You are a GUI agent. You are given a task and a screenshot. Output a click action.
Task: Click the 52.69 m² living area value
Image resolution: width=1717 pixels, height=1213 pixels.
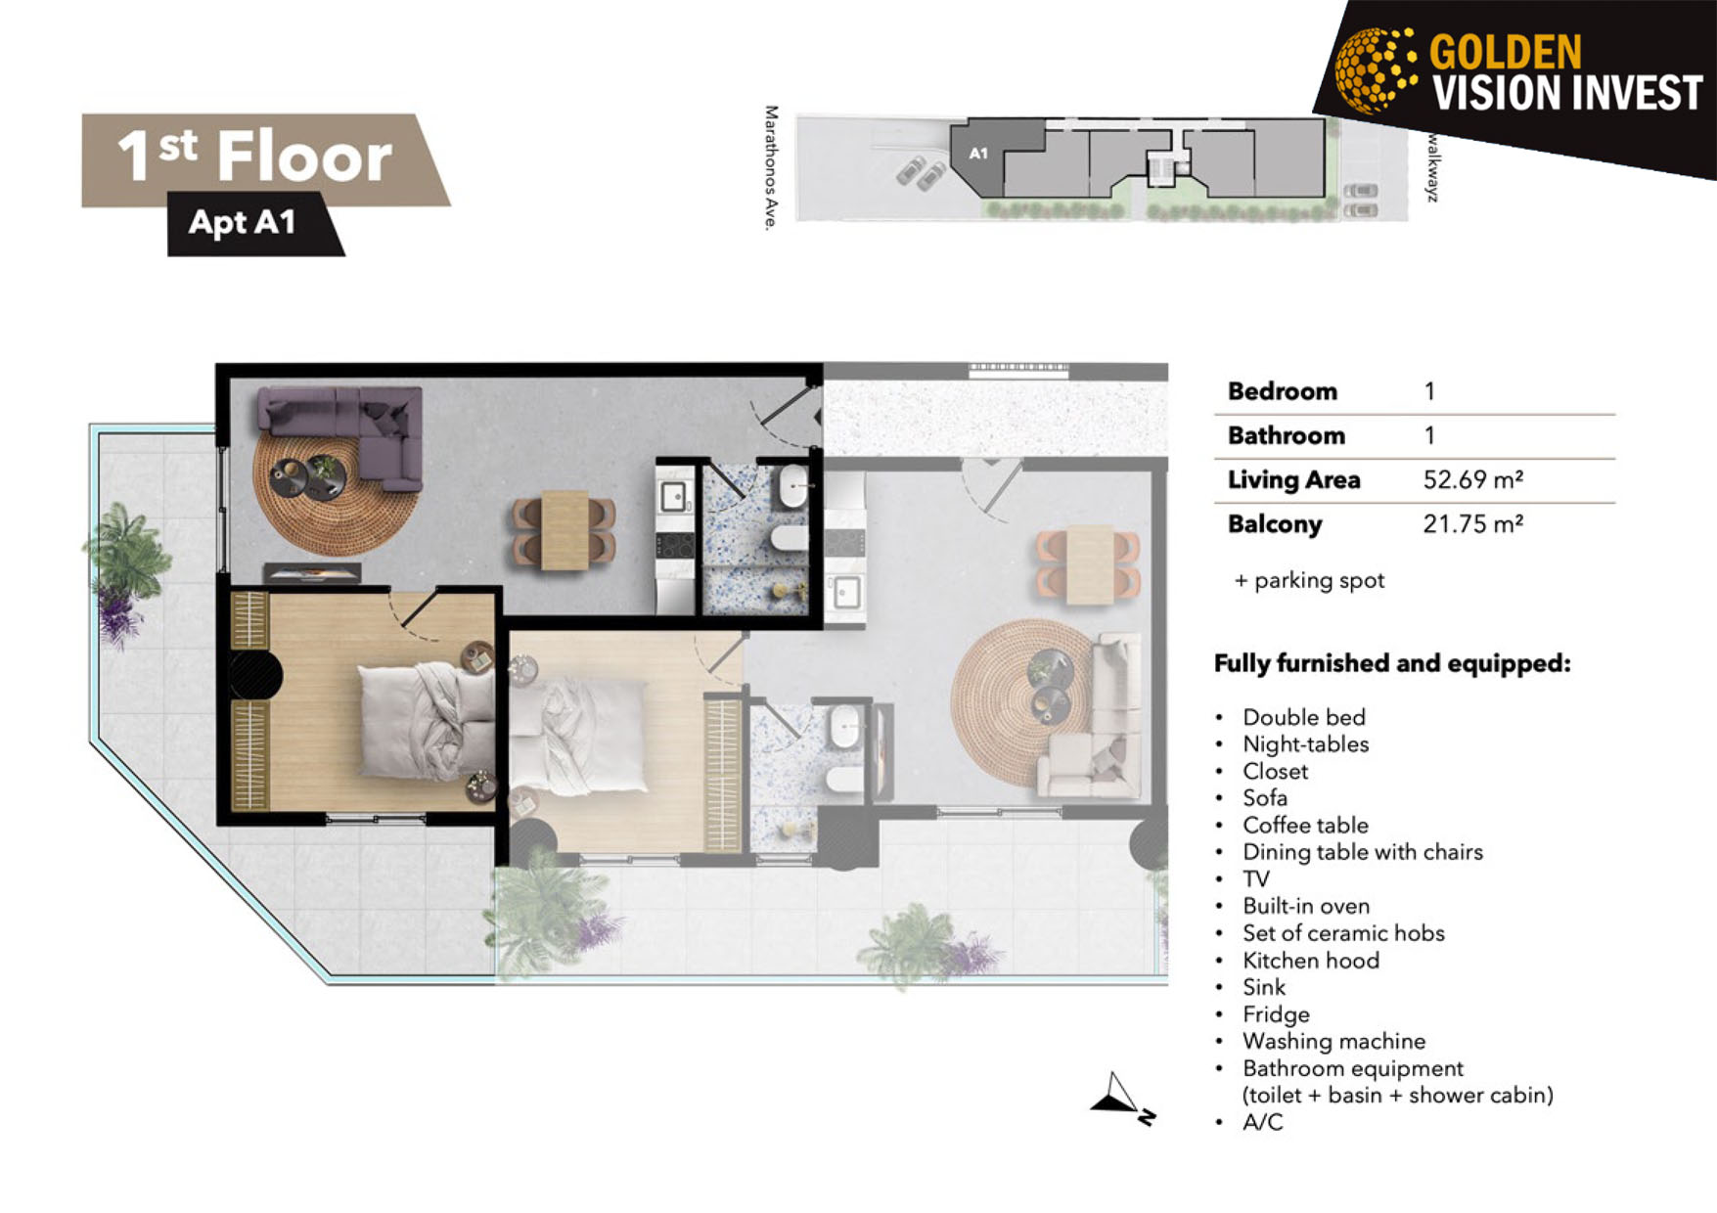(1472, 479)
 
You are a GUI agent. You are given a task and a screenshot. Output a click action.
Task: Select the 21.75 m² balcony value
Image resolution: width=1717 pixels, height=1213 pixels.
(1472, 524)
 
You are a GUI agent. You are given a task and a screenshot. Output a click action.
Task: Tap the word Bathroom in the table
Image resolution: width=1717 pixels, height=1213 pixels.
(1286, 435)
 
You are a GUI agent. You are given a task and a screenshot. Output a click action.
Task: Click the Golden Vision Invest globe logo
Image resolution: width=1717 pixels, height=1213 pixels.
(1376, 69)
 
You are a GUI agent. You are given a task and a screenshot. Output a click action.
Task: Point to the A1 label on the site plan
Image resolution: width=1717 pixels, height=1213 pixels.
(978, 153)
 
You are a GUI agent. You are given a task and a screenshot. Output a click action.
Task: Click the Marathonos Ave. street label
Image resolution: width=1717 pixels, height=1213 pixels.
(771, 168)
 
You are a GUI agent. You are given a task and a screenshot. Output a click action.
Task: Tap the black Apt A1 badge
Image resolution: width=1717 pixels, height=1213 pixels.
(254, 224)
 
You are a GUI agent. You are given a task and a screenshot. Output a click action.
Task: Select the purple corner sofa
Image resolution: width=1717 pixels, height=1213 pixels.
(341, 436)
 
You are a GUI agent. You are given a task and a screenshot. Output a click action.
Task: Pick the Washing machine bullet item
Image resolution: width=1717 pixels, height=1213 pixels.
(1333, 1041)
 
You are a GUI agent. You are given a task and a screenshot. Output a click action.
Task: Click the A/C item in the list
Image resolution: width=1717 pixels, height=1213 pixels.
(1262, 1122)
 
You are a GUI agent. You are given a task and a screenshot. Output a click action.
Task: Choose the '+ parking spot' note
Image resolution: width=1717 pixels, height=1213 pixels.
(1309, 580)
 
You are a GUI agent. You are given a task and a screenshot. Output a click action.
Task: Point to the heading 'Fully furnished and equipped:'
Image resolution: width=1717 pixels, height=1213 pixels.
(1392, 663)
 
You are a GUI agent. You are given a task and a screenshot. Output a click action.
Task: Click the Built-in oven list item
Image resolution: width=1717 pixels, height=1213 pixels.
(1306, 906)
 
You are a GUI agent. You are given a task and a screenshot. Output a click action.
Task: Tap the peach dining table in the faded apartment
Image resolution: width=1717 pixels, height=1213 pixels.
(1089, 565)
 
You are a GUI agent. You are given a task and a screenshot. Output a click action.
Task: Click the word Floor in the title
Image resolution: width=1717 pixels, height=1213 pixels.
(304, 157)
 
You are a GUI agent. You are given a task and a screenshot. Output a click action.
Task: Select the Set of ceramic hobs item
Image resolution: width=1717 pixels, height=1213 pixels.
(1343, 933)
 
